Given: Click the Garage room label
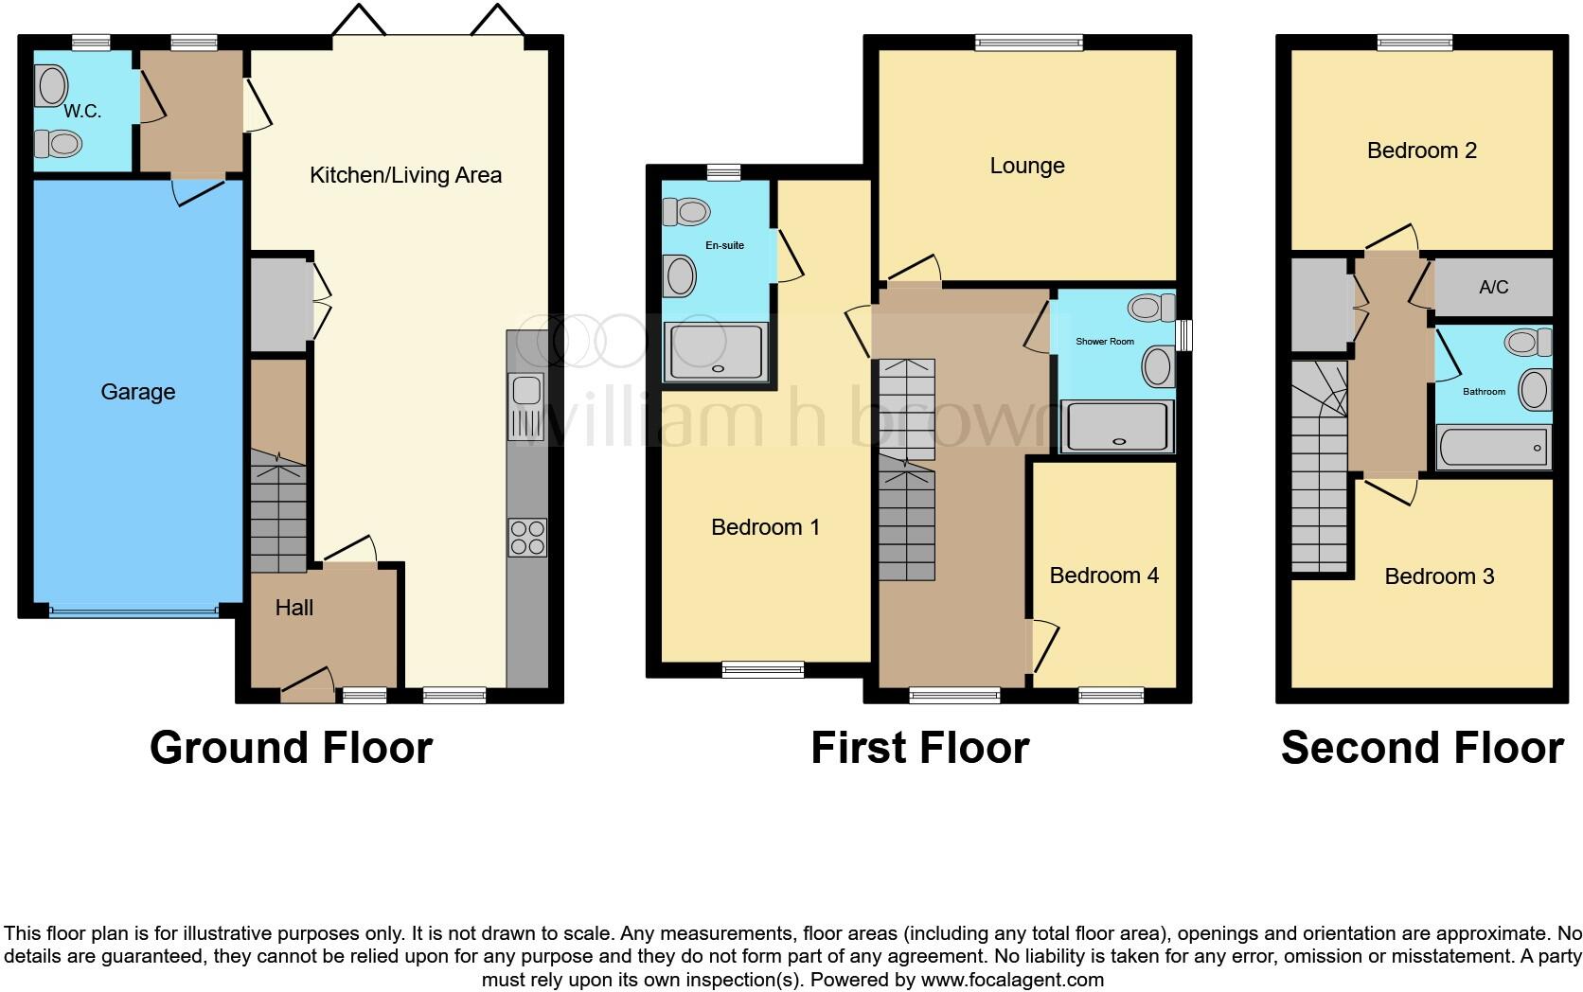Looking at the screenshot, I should pos(138,392).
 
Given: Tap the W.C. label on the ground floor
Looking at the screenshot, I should pos(82,112).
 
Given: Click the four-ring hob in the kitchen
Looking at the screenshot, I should pos(527,538).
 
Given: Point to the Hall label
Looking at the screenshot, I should pos(294,608).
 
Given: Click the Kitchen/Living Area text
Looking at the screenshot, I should pos(405,175).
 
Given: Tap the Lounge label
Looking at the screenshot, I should pos(1027,166).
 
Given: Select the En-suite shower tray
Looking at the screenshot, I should pos(716,351).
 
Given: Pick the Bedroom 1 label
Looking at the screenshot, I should pos(765,527).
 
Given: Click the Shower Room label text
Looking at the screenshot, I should pos(1104,341).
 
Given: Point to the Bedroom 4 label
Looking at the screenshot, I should pos(1104,576).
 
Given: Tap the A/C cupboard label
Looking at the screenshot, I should pos(1493,287).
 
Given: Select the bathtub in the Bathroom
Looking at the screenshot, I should pos(1493,447).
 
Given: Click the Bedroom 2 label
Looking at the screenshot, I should pos(1421,151).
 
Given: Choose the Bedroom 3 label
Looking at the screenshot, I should pos(1439,576).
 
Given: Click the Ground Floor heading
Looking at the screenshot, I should pos(291,748).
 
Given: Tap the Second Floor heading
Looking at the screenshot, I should pos(1421,748).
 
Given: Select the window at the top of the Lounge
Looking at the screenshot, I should pos(1028,41).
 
